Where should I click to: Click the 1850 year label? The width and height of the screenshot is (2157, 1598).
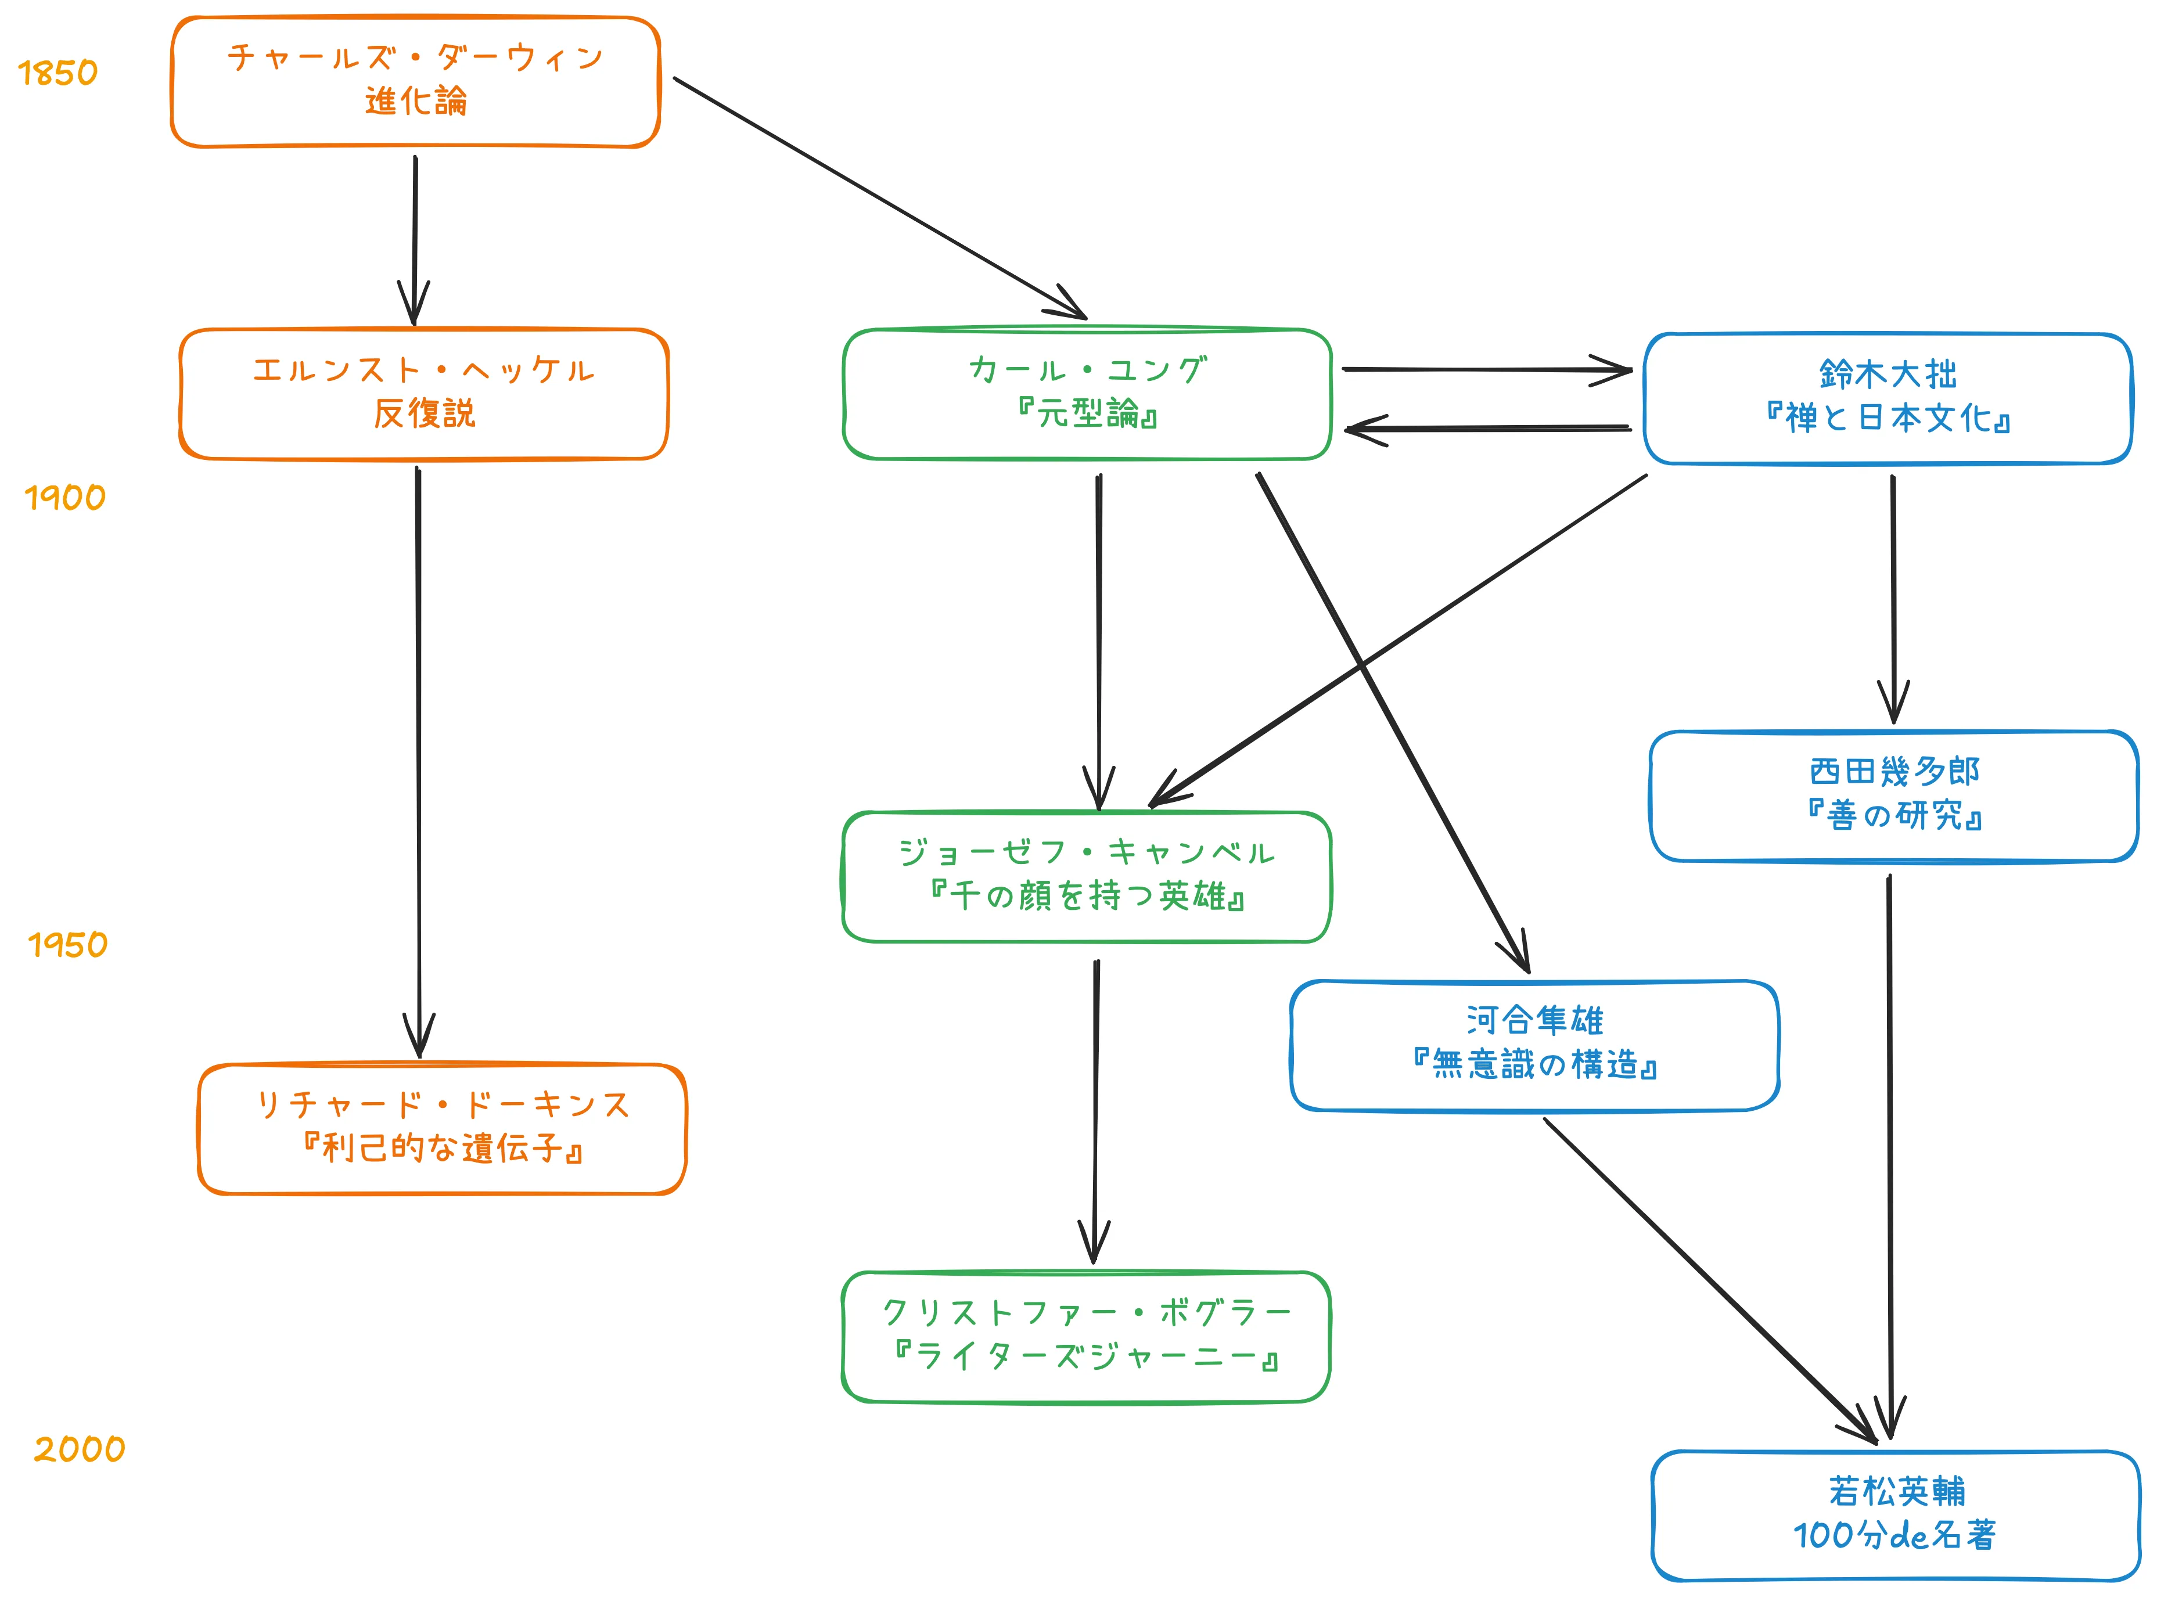[58, 73]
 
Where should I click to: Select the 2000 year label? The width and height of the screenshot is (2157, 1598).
[80, 1448]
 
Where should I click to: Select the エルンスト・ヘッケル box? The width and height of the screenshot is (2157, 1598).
[423, 394]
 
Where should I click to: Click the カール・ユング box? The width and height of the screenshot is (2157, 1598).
[1087, 394]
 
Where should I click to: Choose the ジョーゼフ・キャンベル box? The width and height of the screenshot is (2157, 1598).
[1087, 876]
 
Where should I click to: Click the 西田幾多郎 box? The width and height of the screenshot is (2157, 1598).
[1894, 795]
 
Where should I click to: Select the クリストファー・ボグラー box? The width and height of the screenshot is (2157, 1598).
[1086, 1337]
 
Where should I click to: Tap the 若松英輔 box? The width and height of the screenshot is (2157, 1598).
[1895, 1515]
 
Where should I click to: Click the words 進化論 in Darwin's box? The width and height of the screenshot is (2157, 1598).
[416, 100]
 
